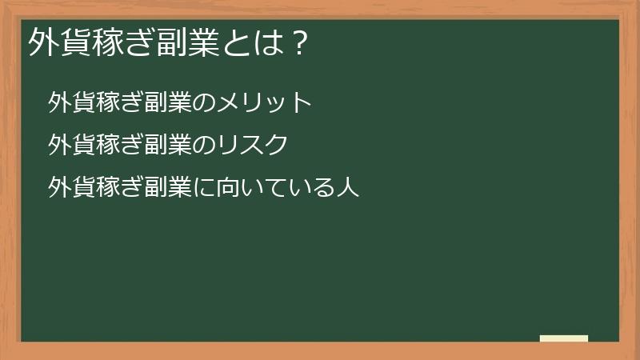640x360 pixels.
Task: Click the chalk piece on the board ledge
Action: point(564,338)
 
